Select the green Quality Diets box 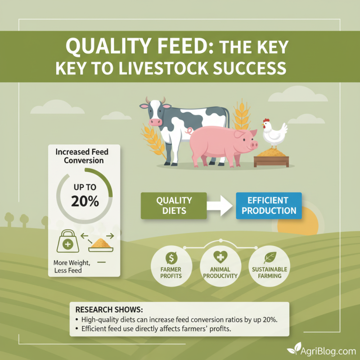point(174,206)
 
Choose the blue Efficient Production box point(269,206)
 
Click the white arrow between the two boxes point(221,206)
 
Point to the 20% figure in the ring point(85,201)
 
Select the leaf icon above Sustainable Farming point(269,258)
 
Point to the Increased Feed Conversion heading point(82,156)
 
